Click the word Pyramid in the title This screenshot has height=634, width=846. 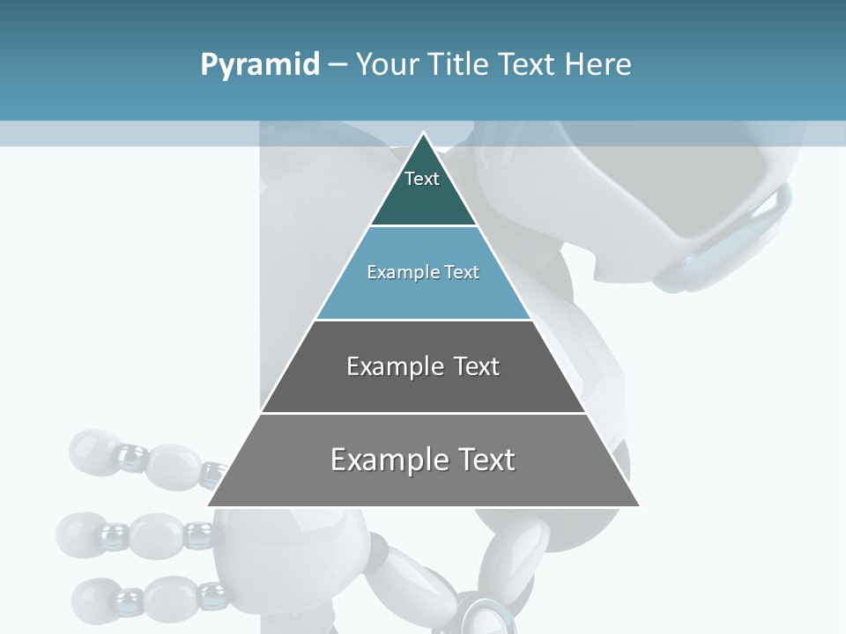pyautogui.click(x=260, y=65)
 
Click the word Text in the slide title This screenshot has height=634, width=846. pyautogui.click(x=527, y=65)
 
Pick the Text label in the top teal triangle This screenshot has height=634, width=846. pyautogui.click(x=422, y=180)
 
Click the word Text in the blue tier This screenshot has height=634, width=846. pyautogui.click(x=462, y=272)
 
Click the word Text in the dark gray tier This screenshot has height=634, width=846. pyautogui.click(x=476, y=366)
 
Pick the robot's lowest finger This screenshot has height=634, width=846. pyautogui.click(x=141, y=597)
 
